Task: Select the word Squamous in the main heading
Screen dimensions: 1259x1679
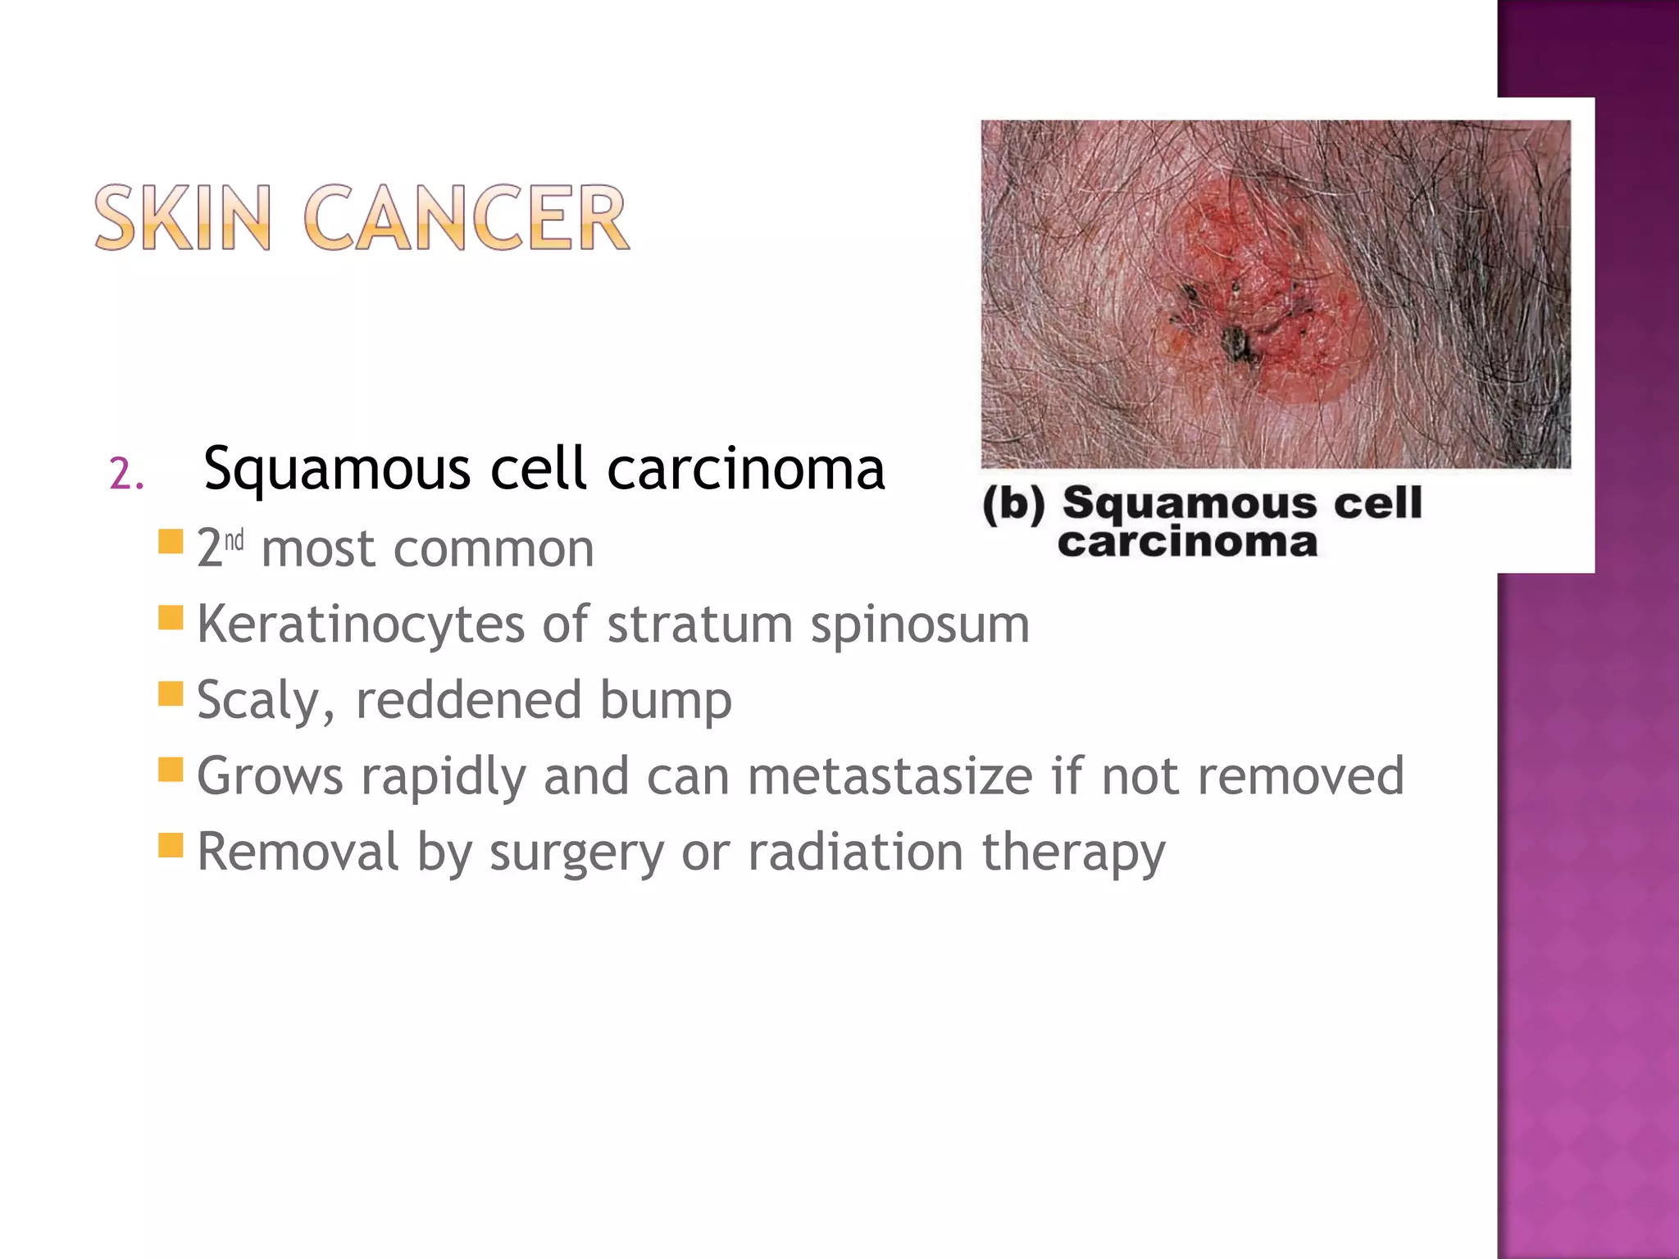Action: click(x=336, y=470)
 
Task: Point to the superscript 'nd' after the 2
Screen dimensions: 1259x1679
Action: click(x=234, y=541)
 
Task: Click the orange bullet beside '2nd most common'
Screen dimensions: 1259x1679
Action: click(x=171, y=541)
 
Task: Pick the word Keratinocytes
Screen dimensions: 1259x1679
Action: click(x=360, y=625)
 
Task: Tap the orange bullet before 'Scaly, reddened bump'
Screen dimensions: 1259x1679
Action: click(x=171, y=693)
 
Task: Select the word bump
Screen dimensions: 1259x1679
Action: click(x=665, y=701)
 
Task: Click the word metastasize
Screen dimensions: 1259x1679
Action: click(x=890, y=775)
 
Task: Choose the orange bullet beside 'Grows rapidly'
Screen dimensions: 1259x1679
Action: click(x=171, y=770)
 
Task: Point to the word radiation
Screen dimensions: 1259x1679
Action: click(x=855, y=852)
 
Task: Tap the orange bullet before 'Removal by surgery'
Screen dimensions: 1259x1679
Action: click(x=171, y=845)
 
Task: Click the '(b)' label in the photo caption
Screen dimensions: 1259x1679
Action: click(x=1013, y=503)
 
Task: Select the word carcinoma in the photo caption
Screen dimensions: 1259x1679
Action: click(x=1187, y=543)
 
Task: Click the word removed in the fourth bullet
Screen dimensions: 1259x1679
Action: click(x=1301, y=775)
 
